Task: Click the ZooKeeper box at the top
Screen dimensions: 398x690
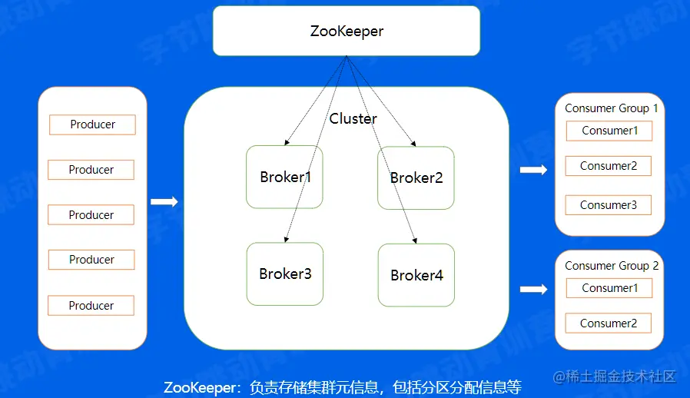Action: (347, 32)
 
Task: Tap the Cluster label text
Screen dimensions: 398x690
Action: (353, 118)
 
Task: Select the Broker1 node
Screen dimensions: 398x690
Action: (284, 177)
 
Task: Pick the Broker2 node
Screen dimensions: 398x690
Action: (416, 177)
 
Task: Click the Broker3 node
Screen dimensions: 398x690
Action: (284, 274)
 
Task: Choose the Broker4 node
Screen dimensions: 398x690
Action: (416, 275)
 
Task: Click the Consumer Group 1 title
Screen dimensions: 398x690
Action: (611, 108)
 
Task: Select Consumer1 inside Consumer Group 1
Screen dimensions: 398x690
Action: (609, 131)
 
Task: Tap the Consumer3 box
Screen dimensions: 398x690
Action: (608, 205)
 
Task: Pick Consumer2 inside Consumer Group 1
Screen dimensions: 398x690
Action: (608, 166)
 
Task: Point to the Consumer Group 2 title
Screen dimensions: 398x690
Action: (611, 266)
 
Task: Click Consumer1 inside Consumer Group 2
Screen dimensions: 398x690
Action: (609, 288)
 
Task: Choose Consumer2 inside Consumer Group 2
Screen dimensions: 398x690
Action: (608, 323)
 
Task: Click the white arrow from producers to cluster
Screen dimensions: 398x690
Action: (164, 202)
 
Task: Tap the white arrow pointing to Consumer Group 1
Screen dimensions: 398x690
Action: (533, 170)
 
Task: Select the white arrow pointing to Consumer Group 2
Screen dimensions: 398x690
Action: (533, 290)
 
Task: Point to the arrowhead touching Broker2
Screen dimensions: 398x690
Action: (414, 142)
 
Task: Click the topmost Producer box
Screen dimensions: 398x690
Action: (92, 124)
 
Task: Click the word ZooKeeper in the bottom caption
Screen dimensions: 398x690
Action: (201, 386)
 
